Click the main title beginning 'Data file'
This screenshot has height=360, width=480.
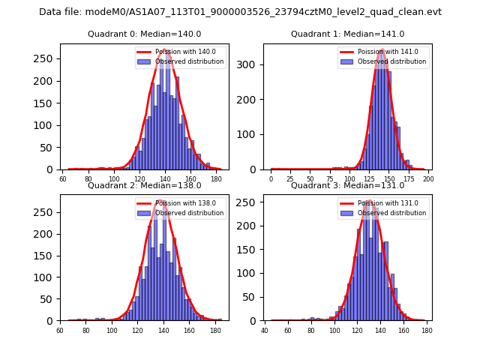coord(240,12)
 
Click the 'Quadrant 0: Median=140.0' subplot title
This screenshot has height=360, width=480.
coord(145,34)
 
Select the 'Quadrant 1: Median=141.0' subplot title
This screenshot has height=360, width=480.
coord(347,34)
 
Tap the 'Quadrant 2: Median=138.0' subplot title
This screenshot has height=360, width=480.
coord(145,185)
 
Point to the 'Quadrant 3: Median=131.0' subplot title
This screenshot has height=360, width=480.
coord(347,185)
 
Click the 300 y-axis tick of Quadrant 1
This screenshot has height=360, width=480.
coord(252,64)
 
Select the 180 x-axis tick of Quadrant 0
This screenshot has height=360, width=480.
coord(217,180)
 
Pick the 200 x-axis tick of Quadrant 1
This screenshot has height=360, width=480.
coord(428,180)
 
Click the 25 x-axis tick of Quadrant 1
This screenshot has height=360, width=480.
coord(290,180)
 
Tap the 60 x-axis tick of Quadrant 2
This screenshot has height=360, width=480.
coord(60,331)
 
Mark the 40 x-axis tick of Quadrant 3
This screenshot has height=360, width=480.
coord(265,331)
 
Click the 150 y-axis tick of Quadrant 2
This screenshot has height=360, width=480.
coord(49,255)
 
